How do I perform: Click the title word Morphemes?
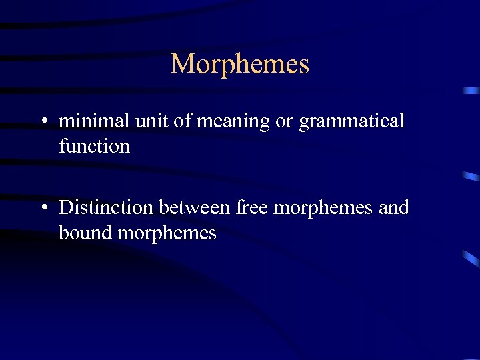coord(240,64)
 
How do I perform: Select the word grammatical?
coord(351,123)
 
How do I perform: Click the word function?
coord(94,146)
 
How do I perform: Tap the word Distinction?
coord(106,207)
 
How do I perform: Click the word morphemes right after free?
coord(323,209)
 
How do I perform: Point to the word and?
coord(393,207)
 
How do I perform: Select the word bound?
coord(87,233)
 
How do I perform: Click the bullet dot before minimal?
coord(43,122)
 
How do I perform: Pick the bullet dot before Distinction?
coord(43,209)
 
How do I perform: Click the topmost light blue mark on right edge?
coord(472,90)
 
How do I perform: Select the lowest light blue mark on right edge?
coord(472,258)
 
